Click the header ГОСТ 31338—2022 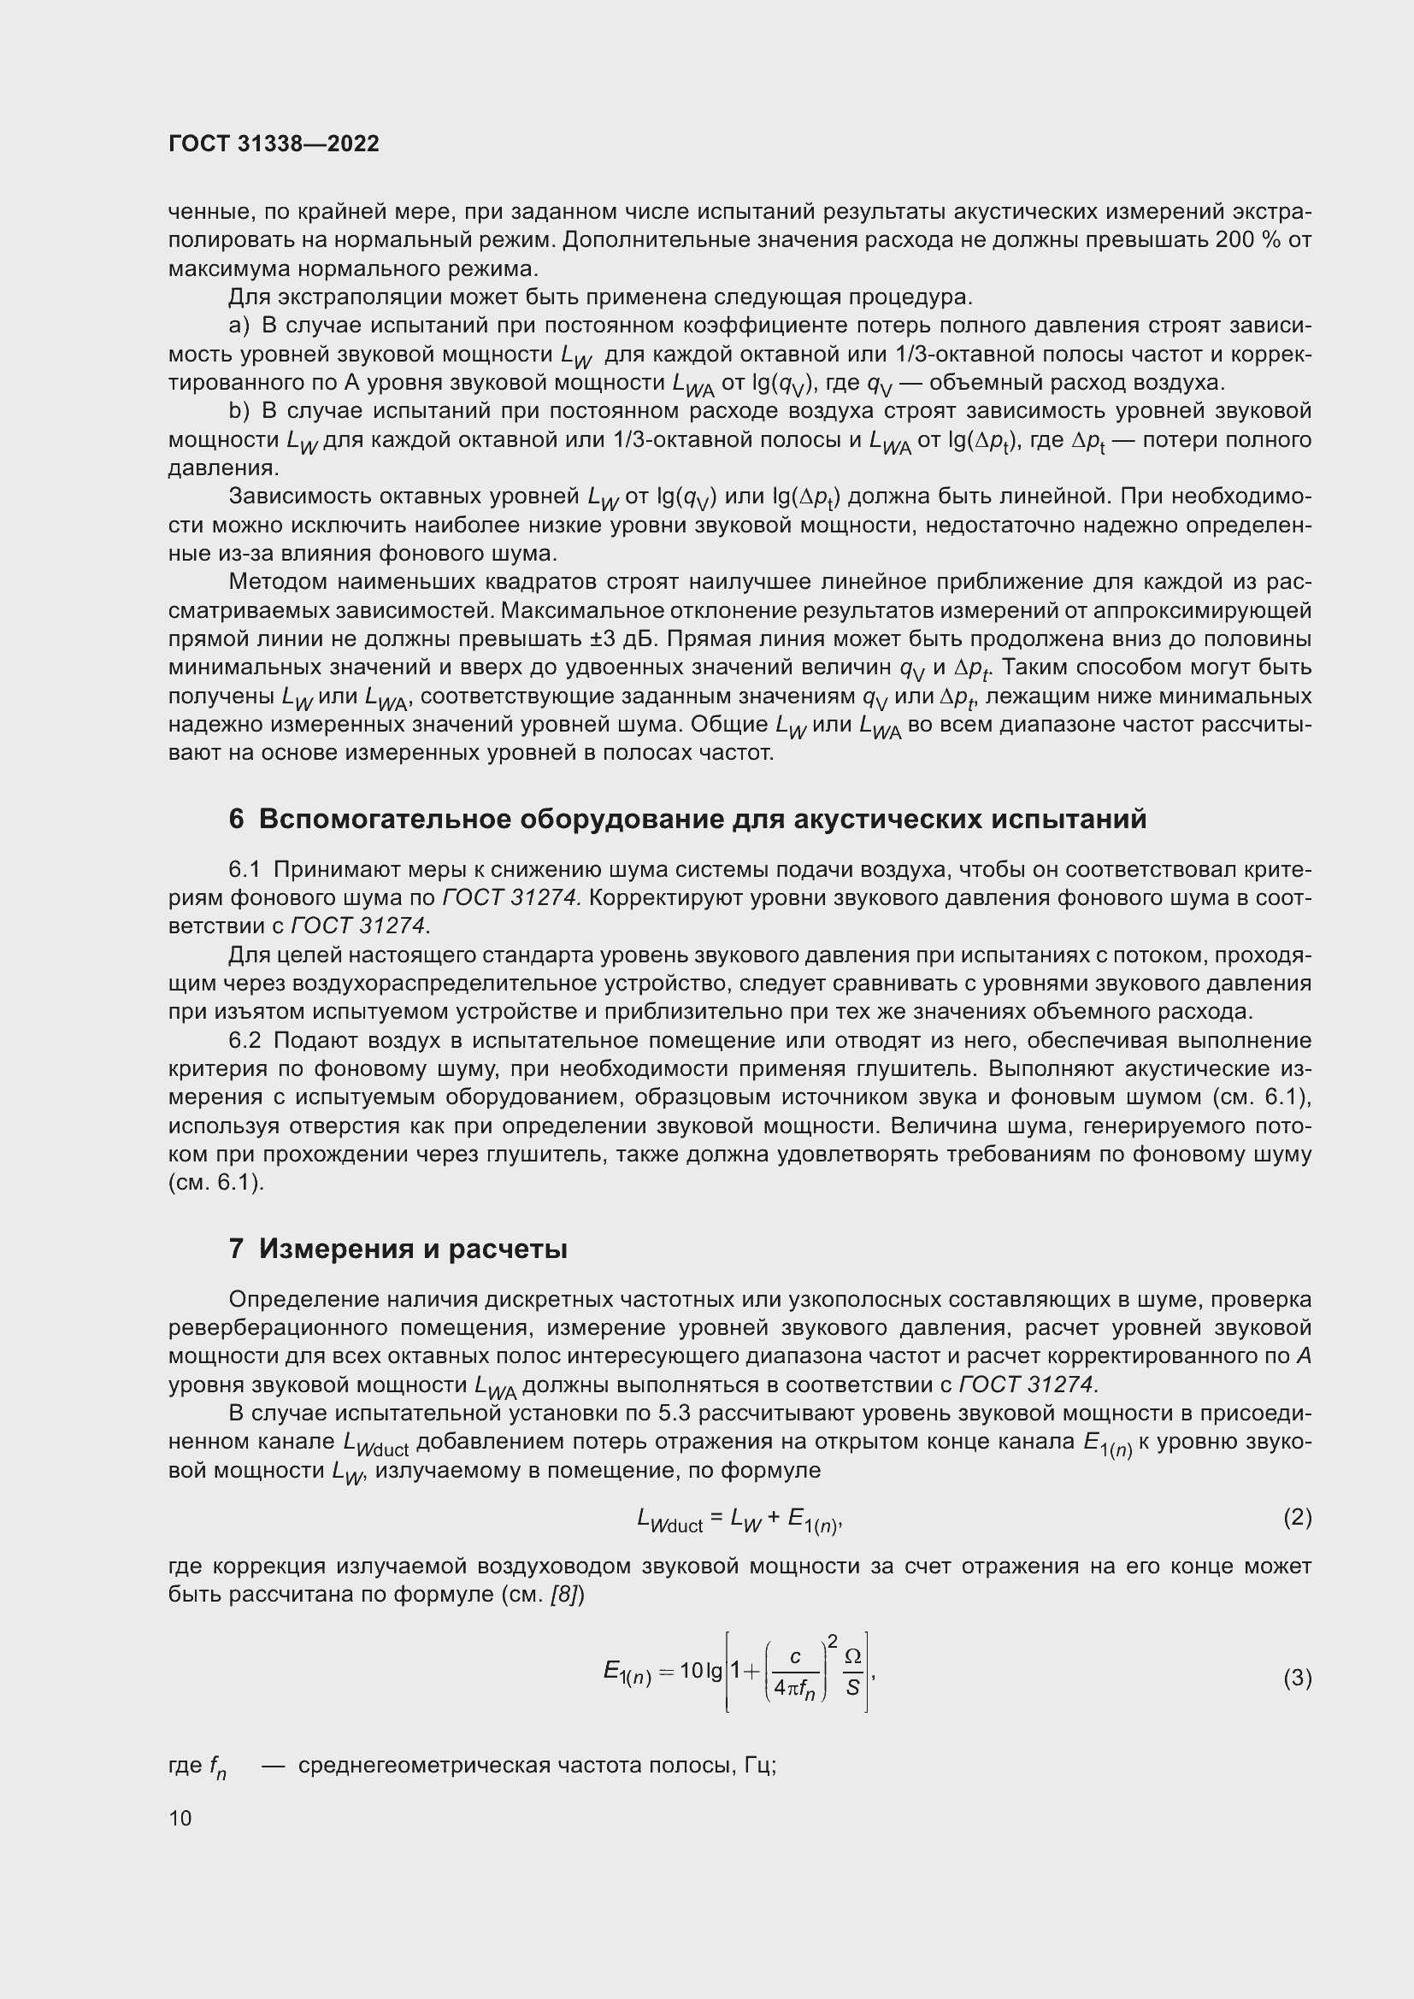click(x=274, y=144)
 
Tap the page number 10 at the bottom click(x=180, y=1818)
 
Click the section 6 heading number click(x=236, y=820)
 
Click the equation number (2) click(x=1297, y=1518)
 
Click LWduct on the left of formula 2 click(x=669, y=1520)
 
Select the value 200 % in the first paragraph click(x=1246, y=240)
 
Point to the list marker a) click(x=239, y=326)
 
